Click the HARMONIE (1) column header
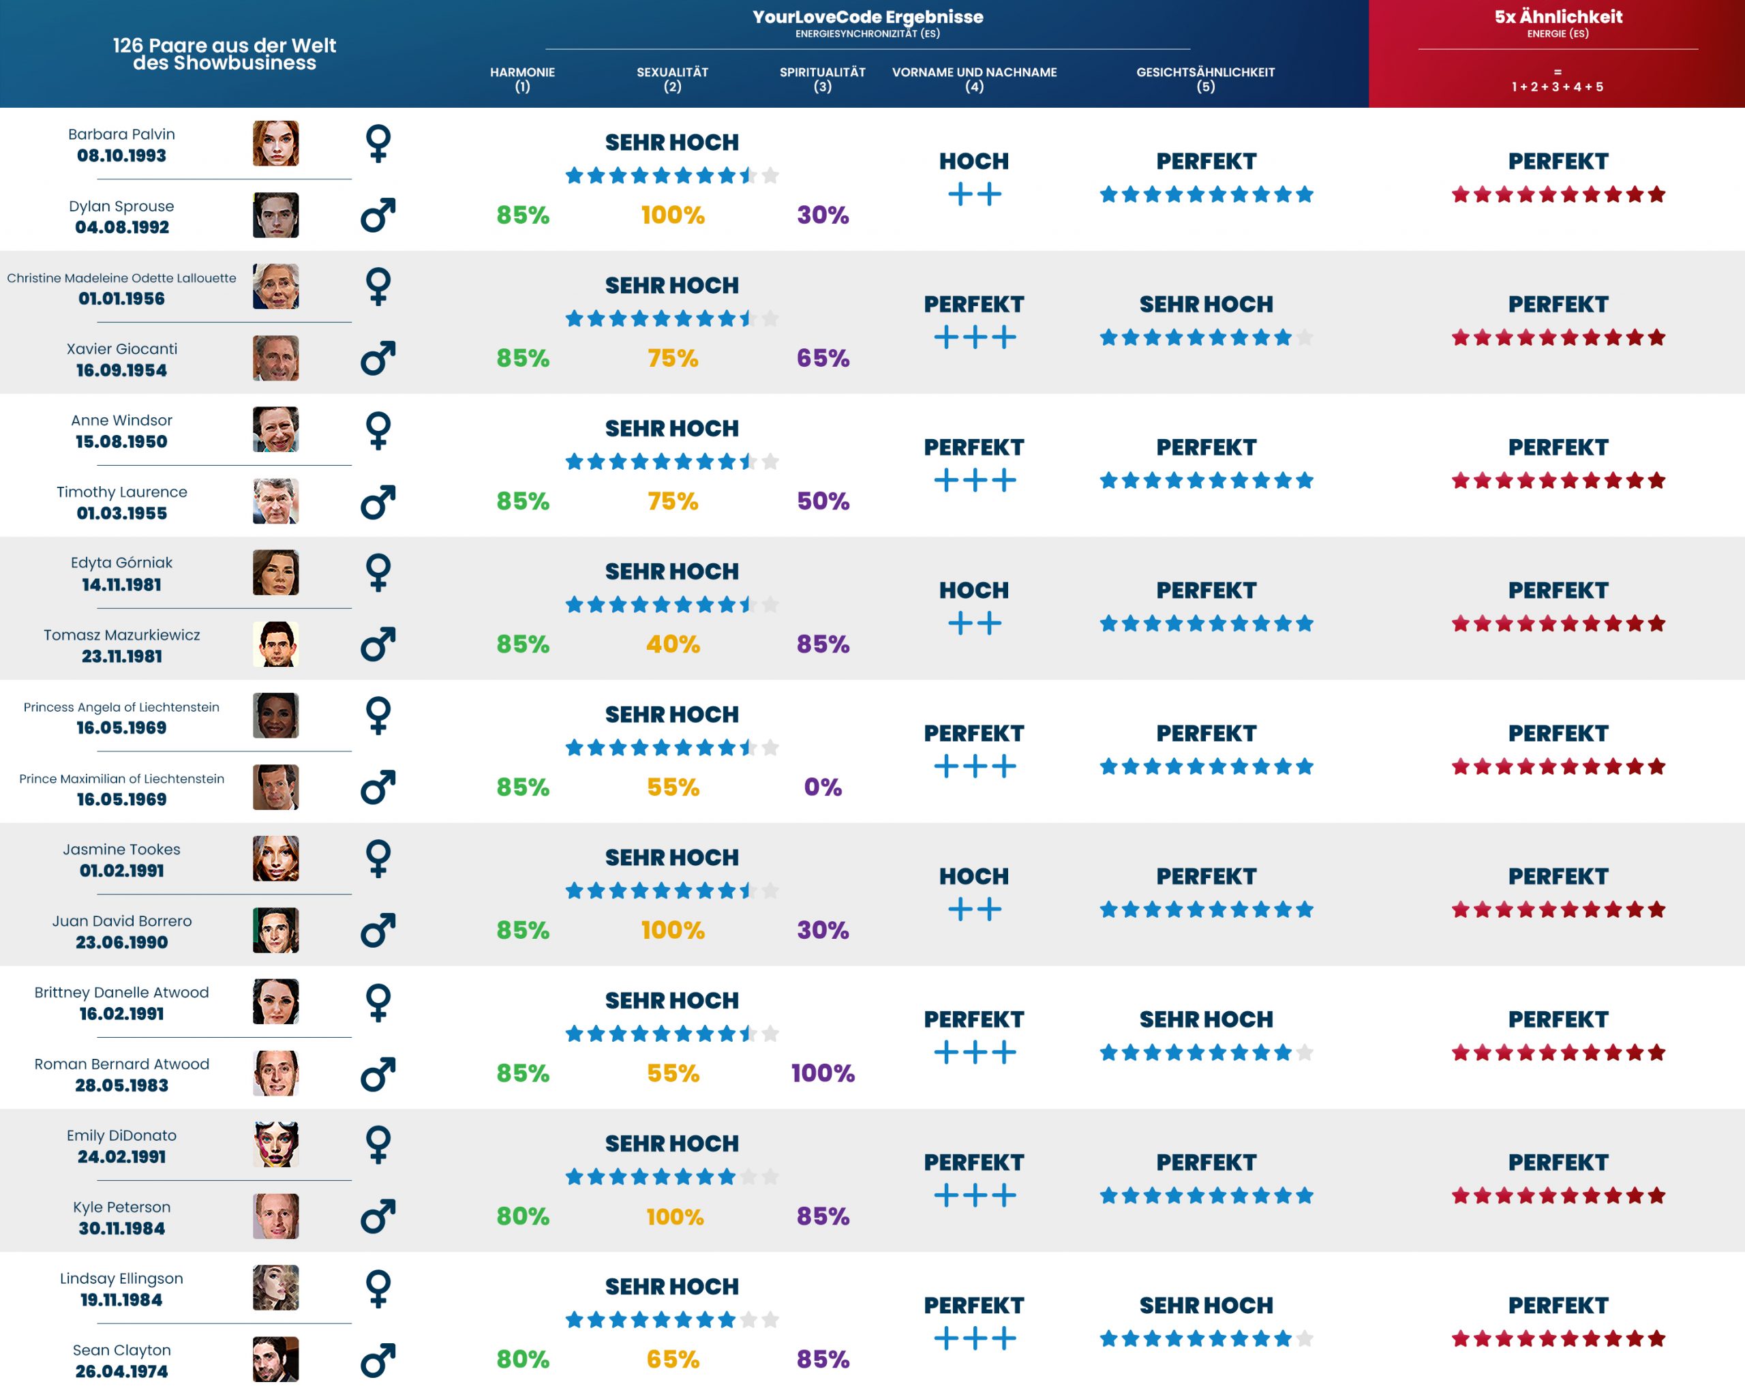522,79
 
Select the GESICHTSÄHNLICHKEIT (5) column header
1204,79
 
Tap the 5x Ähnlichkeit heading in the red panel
1558,17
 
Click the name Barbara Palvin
121,134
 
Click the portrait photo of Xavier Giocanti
275,358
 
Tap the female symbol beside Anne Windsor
378,430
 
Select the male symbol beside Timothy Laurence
378,502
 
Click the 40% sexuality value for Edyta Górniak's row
673,644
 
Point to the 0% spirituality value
822,787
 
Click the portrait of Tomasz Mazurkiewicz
275,644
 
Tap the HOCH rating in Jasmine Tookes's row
973,877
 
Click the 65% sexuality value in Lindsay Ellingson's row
673,1360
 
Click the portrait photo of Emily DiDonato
275,1144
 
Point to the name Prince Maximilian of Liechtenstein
121,779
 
